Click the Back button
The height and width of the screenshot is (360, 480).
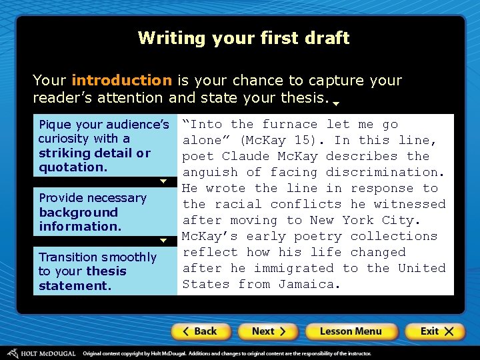[x=201, y=331]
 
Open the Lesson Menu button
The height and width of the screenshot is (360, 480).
[x=351, y=331]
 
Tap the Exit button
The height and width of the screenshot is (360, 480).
[x=434, y=331]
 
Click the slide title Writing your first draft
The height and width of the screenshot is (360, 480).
[x=243, y=38]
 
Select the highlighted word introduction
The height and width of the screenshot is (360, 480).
[x=121, y=81]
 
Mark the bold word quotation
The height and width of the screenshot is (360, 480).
[x=73, y=167]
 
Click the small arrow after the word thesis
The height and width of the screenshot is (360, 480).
[x=336, y=103]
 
